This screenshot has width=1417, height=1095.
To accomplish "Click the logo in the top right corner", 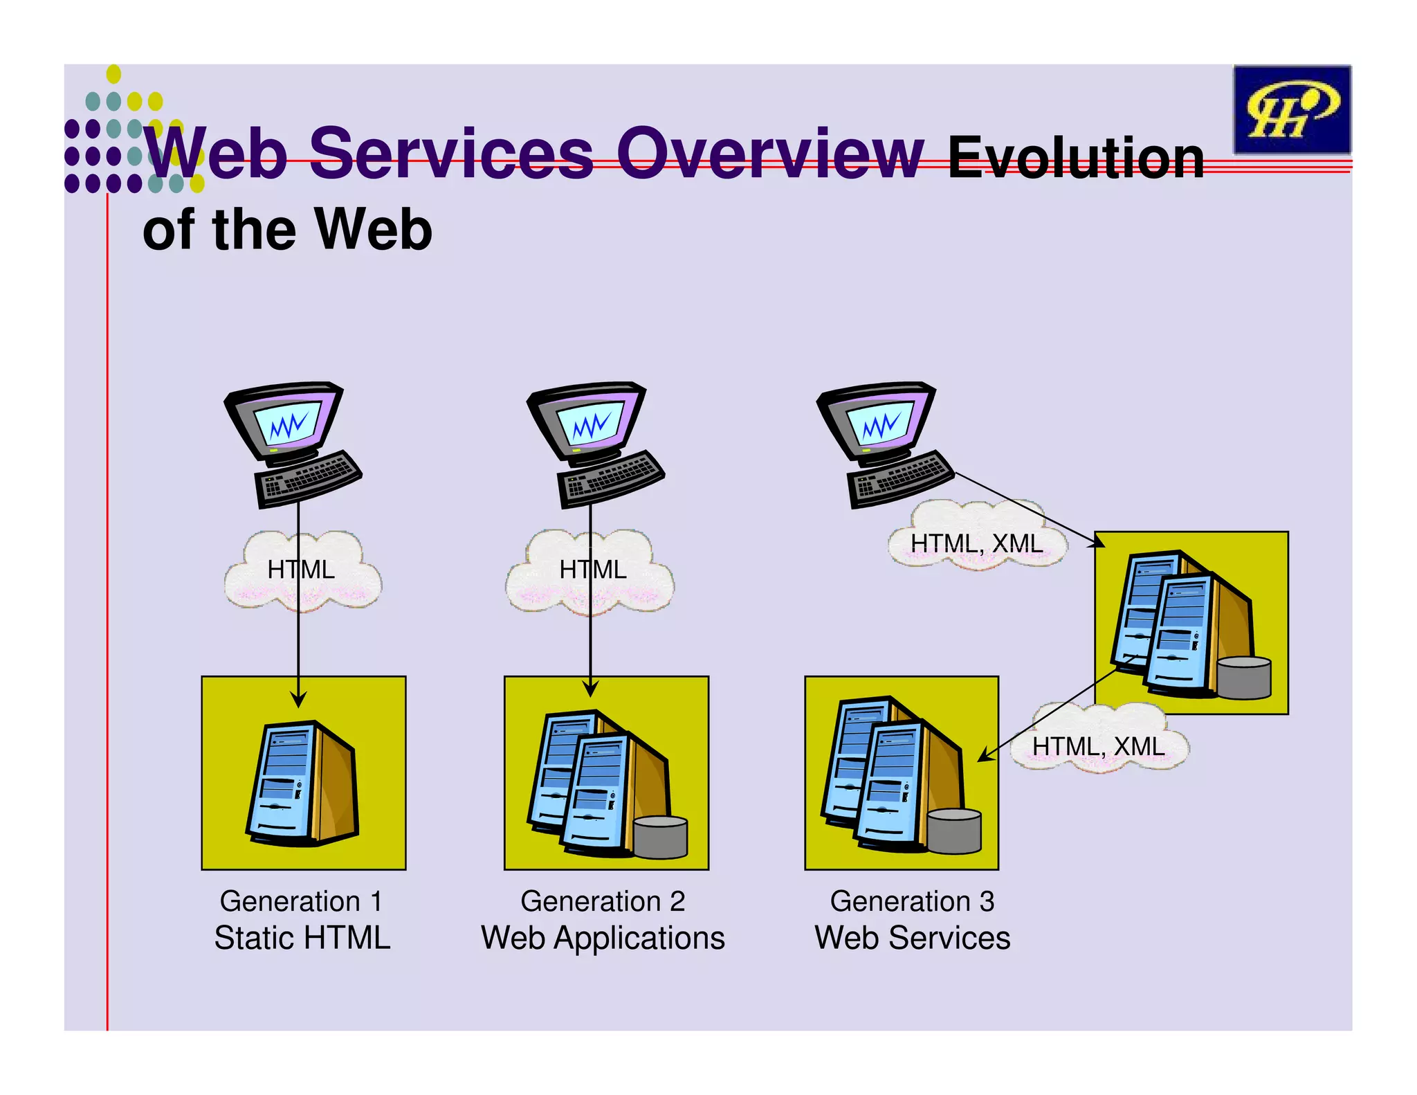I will click(1291, 110).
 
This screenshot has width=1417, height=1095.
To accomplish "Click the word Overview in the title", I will click(769, 154).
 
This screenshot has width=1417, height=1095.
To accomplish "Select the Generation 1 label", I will click(301, 901).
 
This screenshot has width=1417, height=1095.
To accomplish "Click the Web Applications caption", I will click(603, 938).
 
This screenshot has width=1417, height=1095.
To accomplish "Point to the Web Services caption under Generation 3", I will click(912, 938).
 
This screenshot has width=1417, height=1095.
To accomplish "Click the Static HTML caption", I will click(302, 938).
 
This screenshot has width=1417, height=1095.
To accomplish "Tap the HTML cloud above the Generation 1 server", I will click(302, 570).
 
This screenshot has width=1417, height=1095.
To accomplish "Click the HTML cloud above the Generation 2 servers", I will click(592, 570).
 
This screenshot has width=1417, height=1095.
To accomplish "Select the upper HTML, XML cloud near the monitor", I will click(976, 543).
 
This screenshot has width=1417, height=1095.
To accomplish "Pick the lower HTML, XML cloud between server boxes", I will click(1098, 746).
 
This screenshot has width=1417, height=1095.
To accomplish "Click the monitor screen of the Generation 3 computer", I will click(880, 424).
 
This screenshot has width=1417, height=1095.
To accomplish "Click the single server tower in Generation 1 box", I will click(303, 782).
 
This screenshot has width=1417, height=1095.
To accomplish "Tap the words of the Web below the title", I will click(287, 230).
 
